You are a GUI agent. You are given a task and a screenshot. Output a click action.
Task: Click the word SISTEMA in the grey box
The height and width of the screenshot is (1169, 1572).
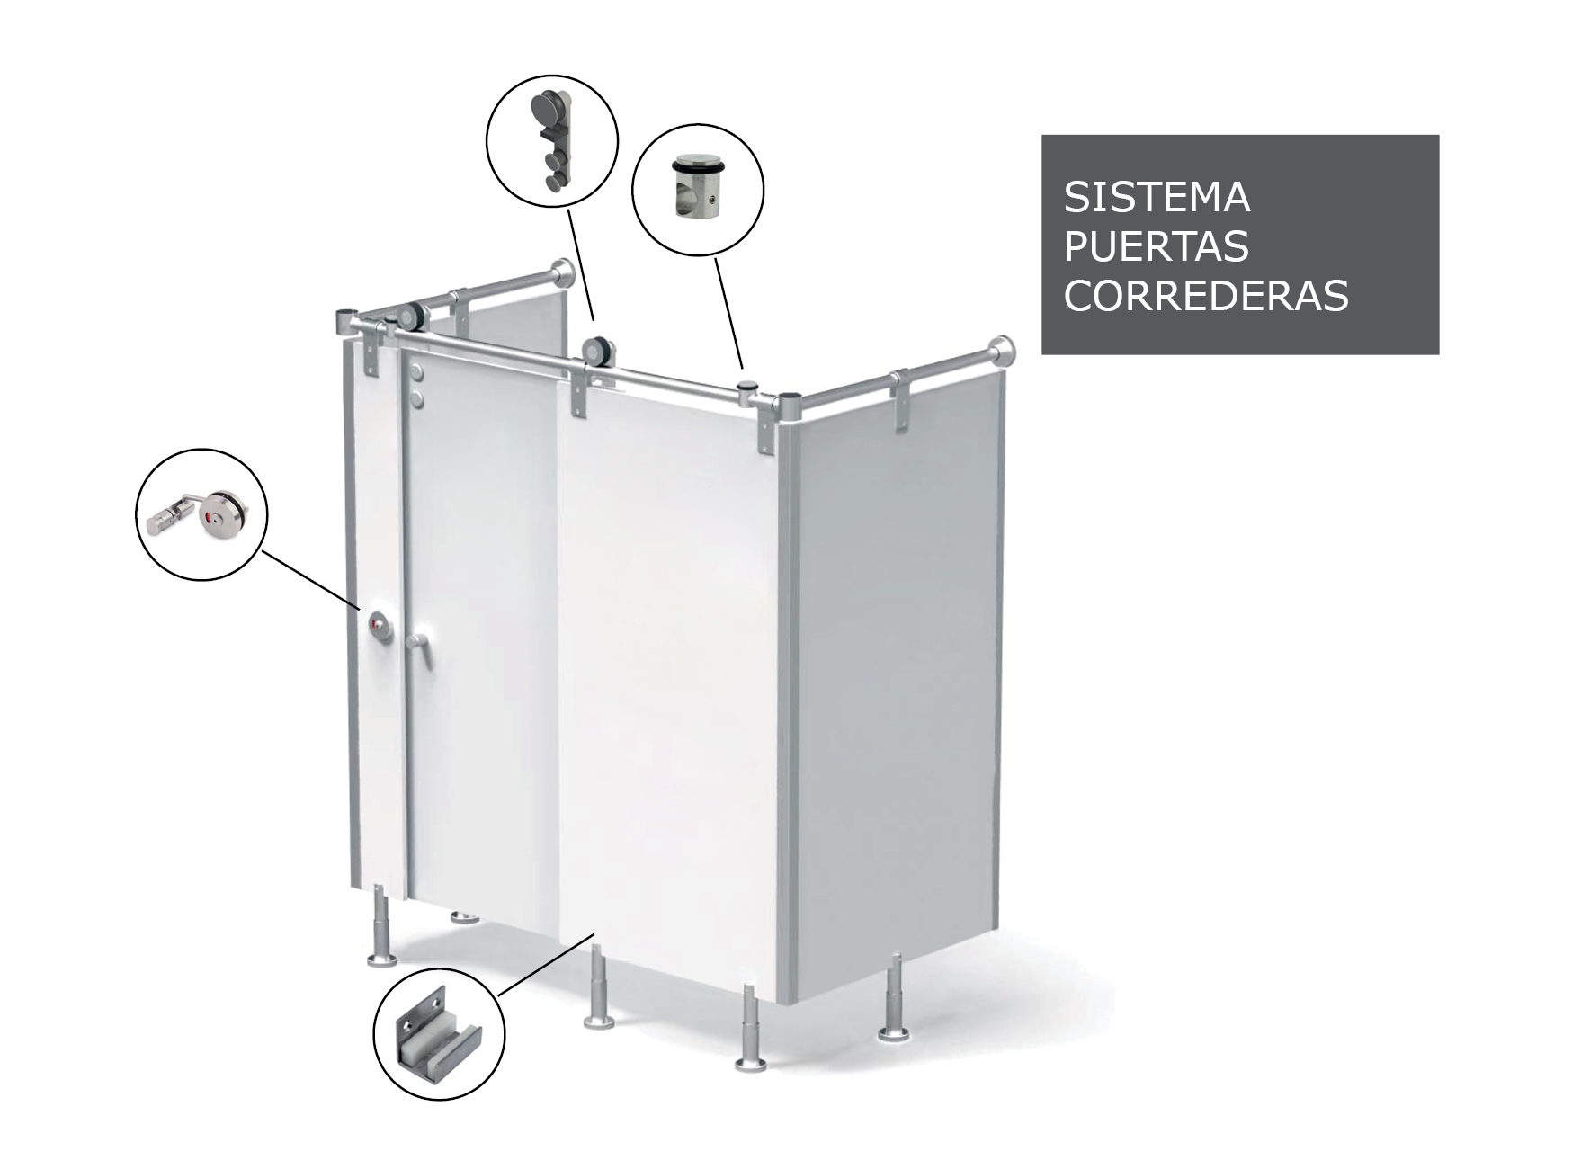pyautogui.click(x=1157, y=197)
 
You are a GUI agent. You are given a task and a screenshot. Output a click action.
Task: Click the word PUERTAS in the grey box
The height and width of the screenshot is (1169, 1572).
pyautogui.click(x=1157, y=245)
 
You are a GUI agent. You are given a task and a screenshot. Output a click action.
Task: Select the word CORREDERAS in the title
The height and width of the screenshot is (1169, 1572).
pyautogui.click(x=1206, y=295)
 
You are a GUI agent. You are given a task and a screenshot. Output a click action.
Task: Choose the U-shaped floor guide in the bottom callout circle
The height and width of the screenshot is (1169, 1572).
pyautogui.click(x=439, y=1043)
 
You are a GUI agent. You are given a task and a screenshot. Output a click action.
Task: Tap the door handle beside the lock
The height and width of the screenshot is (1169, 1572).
pyautogui.click(x=415, y=645)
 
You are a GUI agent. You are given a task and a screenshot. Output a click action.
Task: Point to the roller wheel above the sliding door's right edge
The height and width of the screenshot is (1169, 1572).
pyautogui.click(x=595, y=352)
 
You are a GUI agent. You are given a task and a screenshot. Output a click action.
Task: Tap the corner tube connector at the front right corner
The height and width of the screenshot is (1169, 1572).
pyautogui.click(x=788, y=405)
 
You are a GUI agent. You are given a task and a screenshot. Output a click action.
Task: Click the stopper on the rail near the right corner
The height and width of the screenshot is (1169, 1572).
pyautogui.click(x=746, y=388)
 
